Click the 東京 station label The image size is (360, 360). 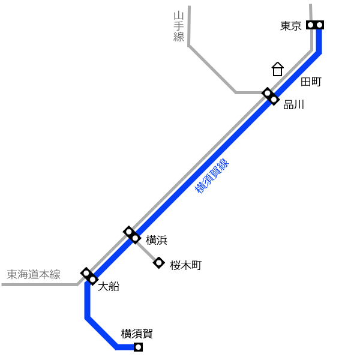coord(290,26)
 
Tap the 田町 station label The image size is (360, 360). coord(311,82)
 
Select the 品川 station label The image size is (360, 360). coord(294,104)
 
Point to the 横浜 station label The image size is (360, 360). coord(157,240)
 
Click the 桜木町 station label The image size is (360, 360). coord(186,265)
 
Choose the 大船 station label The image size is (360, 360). coord(109,287)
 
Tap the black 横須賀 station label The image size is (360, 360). coord(137,334)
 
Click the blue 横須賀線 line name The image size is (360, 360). coord(212,176)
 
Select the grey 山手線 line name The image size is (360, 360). coord(179,26)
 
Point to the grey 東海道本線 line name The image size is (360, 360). coord(34,274)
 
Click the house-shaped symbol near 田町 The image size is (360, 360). coord(278,69)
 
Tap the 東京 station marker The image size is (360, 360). coord(315,25)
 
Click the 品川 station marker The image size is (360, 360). coord(271,97)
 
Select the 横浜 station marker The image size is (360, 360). coord(132,235)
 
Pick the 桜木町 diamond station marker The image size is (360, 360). coord(159,263)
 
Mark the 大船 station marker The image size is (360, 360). coord(89,277)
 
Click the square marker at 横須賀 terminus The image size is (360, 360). coord(138,347)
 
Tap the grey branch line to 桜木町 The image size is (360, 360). coord(146,251)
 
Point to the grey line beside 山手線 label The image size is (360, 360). coord(212,70)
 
